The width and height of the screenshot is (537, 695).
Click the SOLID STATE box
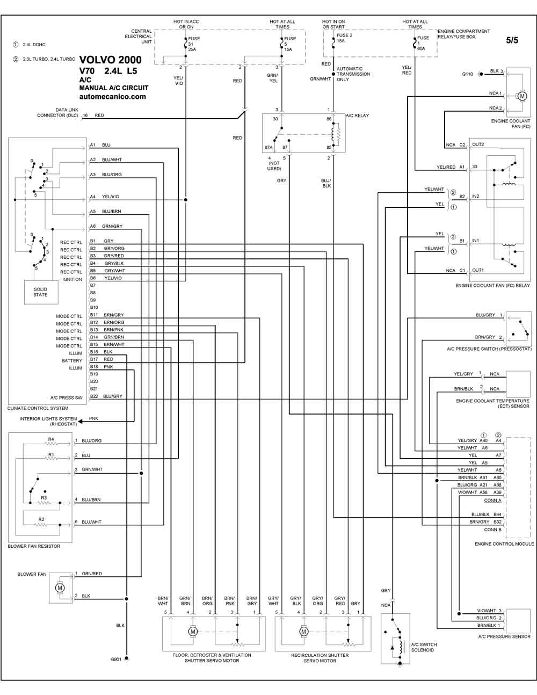[41, 292]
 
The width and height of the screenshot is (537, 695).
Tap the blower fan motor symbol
[60, 588]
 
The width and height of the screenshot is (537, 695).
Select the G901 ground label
[115, 659]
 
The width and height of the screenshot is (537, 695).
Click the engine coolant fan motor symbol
[522, 96]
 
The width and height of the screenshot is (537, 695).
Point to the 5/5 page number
[512, 40]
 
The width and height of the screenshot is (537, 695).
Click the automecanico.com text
[113, 97]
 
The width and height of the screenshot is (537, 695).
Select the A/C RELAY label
[357, 115]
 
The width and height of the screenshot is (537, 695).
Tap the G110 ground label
[467, 74]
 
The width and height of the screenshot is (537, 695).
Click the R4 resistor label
[51, 439]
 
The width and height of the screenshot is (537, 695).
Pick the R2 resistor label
[41, 519]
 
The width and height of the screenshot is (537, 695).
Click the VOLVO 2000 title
[110, 60]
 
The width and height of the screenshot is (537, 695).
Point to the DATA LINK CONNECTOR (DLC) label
[58, 113]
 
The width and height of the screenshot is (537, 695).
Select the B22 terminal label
[94, 396]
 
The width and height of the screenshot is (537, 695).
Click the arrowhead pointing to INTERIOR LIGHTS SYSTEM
[81, 422]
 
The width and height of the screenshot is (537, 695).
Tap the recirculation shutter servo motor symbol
[303, 631]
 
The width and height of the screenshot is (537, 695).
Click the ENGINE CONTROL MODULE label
[504, 544]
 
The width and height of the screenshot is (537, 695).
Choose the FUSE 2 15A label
[344, 38]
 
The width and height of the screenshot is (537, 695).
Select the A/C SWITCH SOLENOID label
[424, 647]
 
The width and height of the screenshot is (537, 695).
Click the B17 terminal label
[94, 359]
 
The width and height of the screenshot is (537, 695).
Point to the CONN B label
[492, 530]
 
